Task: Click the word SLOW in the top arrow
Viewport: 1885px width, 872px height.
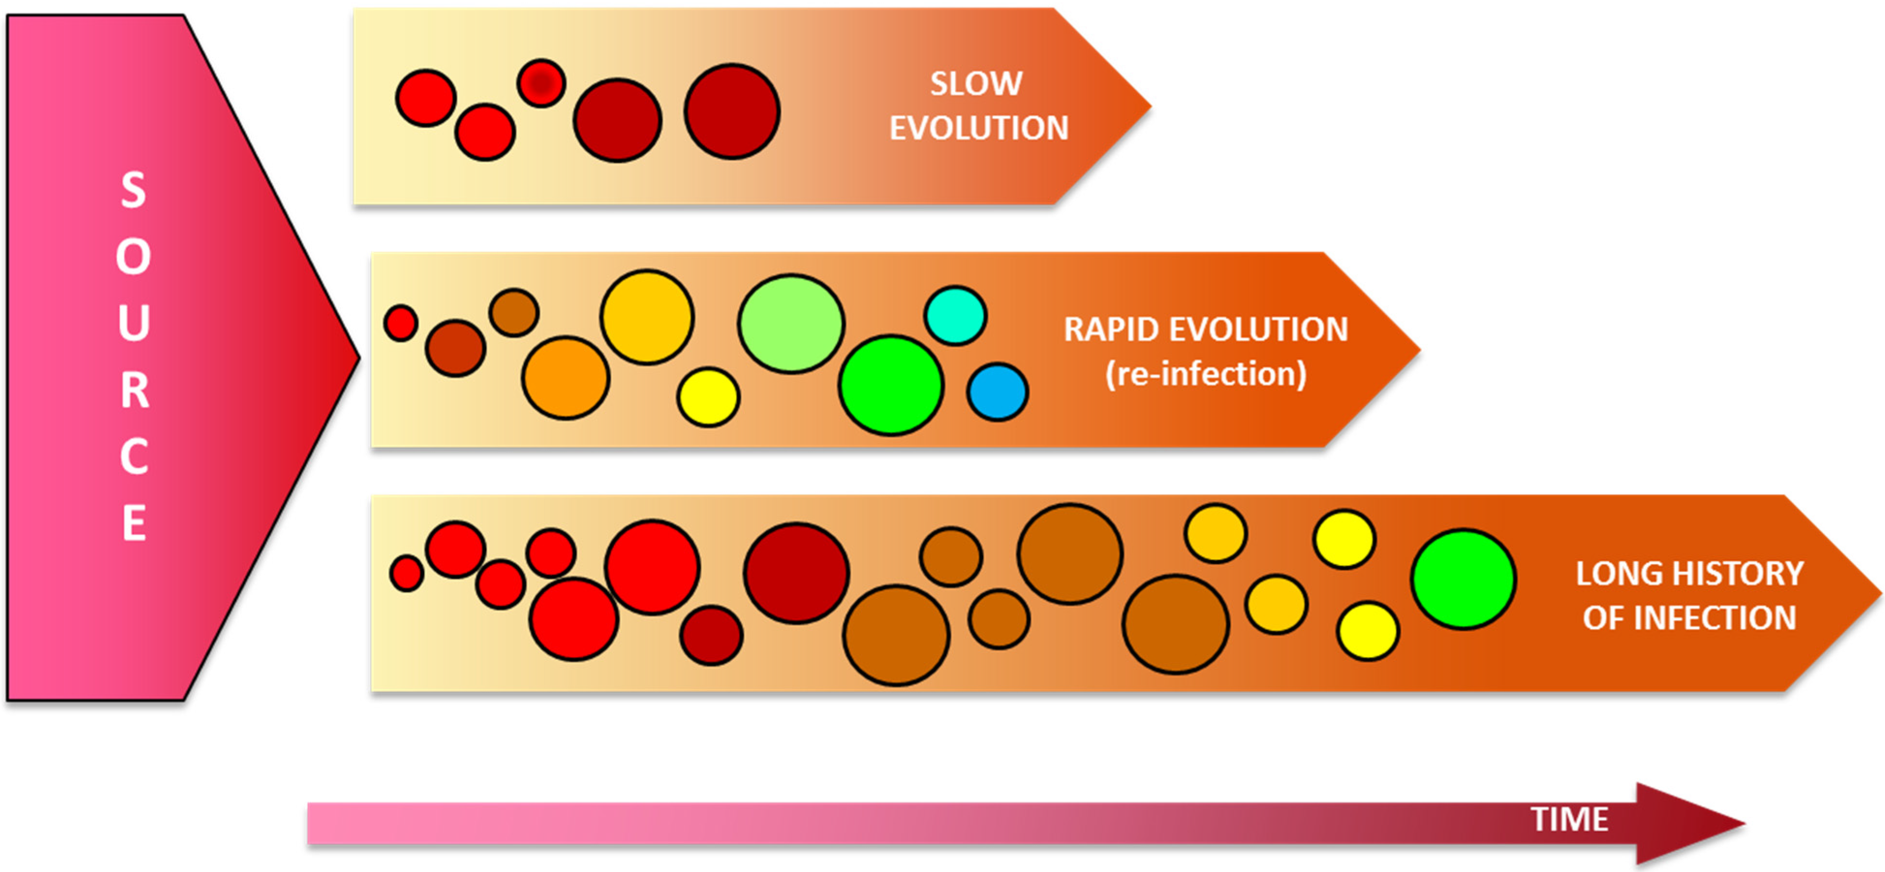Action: click(x=976, y=83)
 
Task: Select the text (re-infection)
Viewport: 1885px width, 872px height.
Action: click(x=1205, y=374)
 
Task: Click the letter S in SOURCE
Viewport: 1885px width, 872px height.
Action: click(x=133, y=190)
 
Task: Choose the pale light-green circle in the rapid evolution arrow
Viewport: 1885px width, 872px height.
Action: click(x=791, y=324)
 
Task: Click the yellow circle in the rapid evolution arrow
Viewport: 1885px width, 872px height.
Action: click(x=707, y=397)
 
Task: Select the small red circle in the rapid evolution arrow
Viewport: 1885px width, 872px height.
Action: click(x=401, y=322)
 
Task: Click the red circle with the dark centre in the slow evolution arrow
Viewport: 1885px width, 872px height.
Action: click(x=541, y=83)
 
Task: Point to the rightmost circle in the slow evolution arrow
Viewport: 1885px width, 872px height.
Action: click(x=732, y=111)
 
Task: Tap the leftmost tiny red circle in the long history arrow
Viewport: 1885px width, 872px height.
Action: click(x=407, y=573)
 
